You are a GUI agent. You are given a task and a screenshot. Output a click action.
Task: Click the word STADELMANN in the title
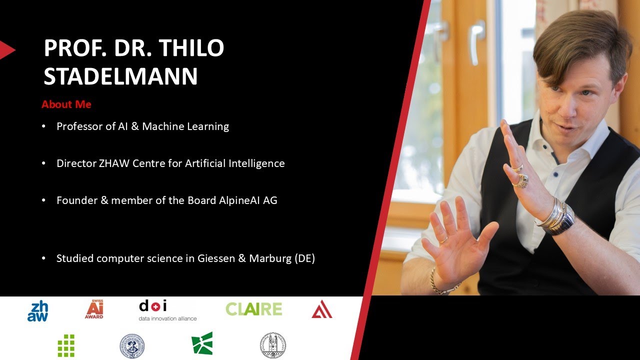[x=120, y=76]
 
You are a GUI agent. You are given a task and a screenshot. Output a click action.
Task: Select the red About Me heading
[x=66, y=104]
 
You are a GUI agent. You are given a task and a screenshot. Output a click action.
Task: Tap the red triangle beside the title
[x=7, y=50]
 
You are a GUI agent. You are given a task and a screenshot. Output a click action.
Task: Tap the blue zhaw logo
[x=37, y=311]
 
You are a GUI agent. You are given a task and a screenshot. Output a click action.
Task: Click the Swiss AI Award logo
[x=94, y=309]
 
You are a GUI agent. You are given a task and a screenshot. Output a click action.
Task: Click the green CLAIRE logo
[x=253, y=309]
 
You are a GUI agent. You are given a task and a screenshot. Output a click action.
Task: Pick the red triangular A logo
[x=322, y=310]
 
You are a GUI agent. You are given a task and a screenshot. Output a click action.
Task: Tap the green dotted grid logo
[x=66, y=345]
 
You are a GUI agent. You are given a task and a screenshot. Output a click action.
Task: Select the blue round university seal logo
[x=132, y=346]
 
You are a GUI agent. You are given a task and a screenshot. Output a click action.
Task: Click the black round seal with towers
[x=273, y=345]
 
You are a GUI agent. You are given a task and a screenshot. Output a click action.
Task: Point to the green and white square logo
[x=202, y=343]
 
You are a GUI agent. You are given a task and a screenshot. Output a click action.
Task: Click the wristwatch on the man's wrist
[x=559, y=220]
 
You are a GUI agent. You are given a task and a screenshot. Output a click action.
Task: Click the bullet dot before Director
[x=44, y=163]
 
